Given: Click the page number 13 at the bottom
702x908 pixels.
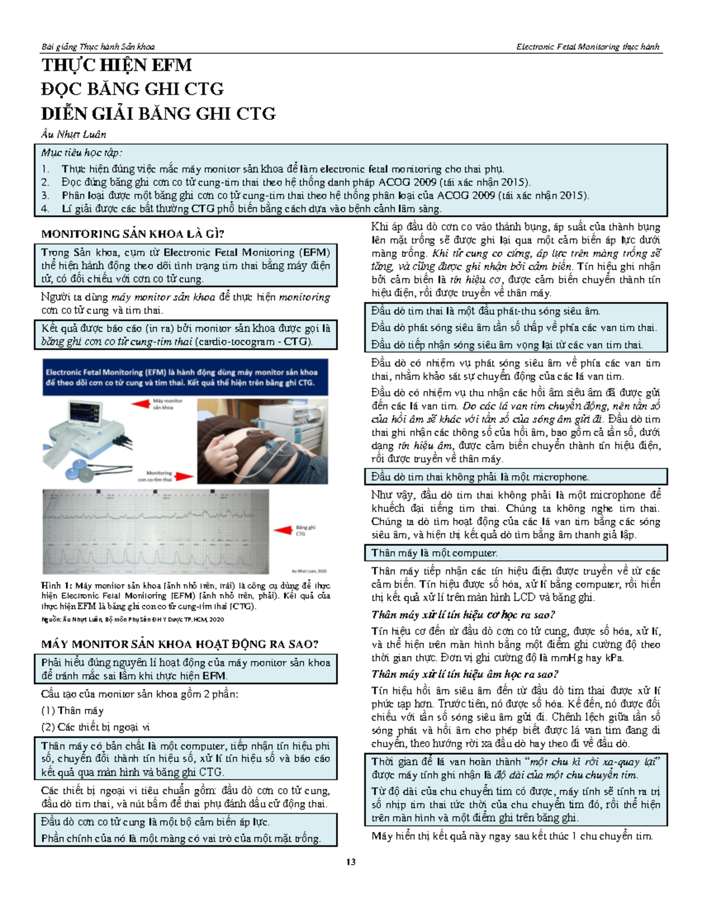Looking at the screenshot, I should tap(351, 862).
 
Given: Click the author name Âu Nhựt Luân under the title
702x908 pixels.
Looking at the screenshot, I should tap(74, 134).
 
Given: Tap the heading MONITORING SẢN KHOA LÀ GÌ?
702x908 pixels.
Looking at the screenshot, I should tap(133, 234).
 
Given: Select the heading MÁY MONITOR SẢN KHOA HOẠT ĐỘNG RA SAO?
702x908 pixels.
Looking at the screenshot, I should tap(180, 644).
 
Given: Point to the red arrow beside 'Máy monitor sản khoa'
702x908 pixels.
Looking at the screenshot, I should tap(140, 404).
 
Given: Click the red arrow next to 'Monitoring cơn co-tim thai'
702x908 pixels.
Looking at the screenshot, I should tap(184, 477).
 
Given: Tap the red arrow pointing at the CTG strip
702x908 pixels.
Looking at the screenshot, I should tap(283, 530).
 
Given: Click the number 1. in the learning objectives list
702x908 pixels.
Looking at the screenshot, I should tap(46, 169).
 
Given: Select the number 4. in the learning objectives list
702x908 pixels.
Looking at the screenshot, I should tap(46, 209).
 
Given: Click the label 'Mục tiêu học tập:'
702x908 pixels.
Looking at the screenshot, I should tap(81, 153).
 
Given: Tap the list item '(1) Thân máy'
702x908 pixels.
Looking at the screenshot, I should tap(72, 711).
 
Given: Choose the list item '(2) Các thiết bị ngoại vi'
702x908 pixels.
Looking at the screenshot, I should tap(95, 727).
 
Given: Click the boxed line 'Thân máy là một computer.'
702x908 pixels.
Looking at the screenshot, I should tap(434, 553).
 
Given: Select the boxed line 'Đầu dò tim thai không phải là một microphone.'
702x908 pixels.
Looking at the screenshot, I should tap(480, 477).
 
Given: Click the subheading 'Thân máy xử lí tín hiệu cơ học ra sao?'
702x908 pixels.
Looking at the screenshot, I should tap(463, 614).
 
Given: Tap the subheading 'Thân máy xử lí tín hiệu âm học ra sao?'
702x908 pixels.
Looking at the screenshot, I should tap(464, 674).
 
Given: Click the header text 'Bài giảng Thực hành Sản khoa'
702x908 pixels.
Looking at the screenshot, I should tap(98, 47).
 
